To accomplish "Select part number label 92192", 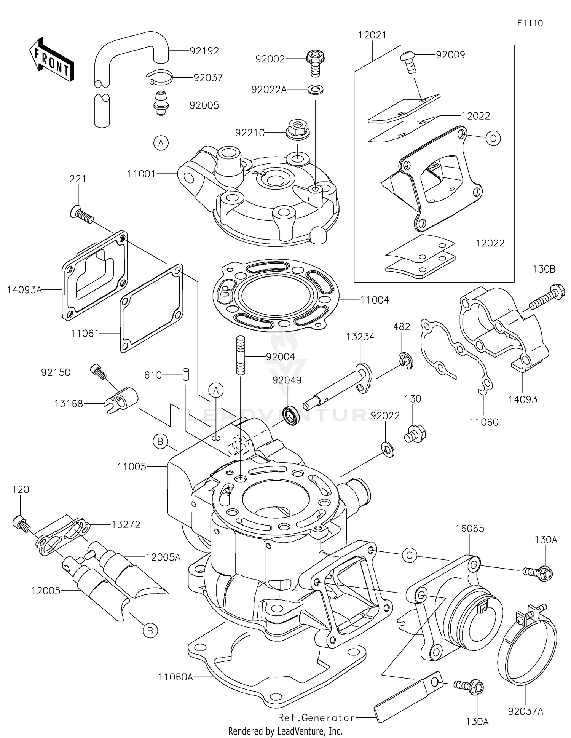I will pos(204,51).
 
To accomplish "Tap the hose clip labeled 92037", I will pos(159,77).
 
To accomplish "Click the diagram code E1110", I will pos(530,23).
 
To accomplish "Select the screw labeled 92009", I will pos(408,62).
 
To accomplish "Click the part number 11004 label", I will pos(375,300).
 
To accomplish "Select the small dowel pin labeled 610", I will pos(186,374).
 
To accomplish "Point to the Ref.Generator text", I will pos(316,718).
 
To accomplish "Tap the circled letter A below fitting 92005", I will pos(161,143).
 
